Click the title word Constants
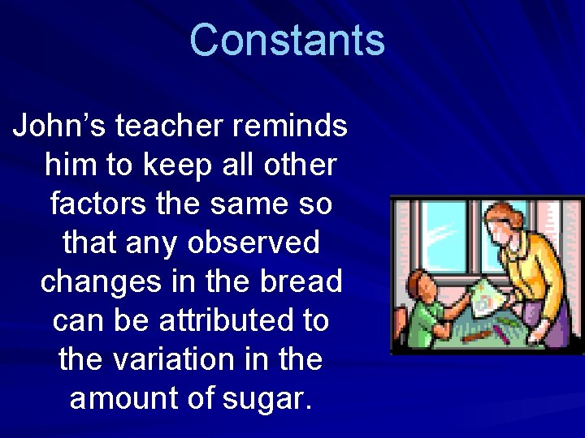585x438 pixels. click(287, 40)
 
